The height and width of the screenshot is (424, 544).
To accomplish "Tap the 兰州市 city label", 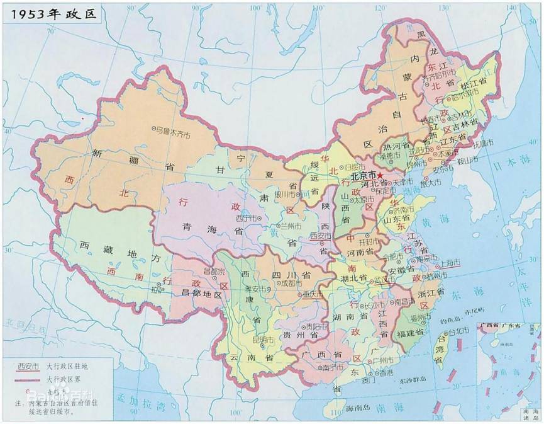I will (291, 226).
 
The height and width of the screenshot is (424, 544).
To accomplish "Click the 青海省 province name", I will (204, 226).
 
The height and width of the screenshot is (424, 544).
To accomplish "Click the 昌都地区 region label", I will (202, 294).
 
